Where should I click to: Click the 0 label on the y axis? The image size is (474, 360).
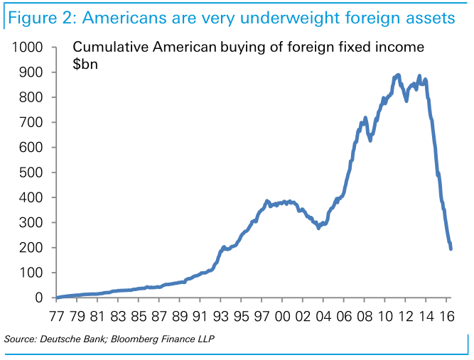pyautogui.click(x=40, y=298)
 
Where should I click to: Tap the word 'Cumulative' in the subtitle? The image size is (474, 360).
pyautogui.click(x=108, y=48)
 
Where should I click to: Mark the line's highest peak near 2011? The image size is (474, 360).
pyautogui.click(x=397, y=75)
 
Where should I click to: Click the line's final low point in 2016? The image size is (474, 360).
pyautogui.click(x=451, y=248)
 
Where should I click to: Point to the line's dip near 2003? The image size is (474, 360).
pyautogui.click(x=318, y=227)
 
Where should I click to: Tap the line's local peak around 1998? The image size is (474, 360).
pyautogui.click(x=267, y=201)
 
